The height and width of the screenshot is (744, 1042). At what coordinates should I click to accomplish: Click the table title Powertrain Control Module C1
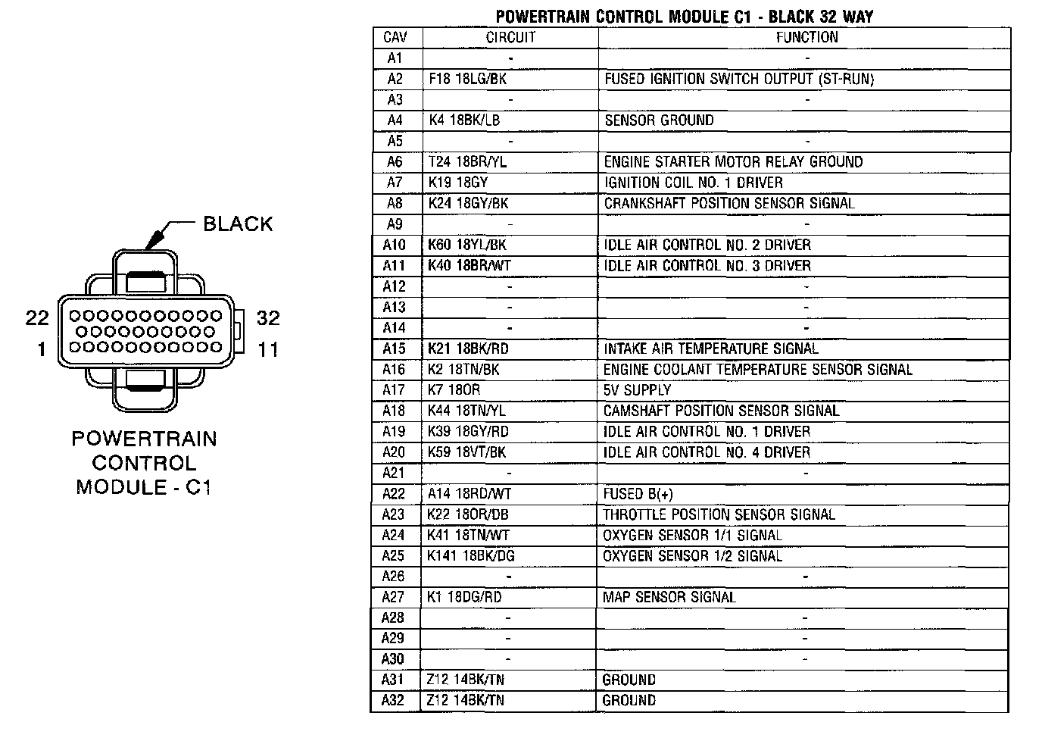point(684,17)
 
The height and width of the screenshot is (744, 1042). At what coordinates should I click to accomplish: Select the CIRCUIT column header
point(510,37)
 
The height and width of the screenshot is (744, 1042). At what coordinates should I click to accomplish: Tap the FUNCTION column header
point(806,37)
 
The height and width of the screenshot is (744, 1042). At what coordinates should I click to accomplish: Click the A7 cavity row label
point(395,183)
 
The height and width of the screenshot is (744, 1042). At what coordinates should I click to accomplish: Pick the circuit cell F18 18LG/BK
point(467,79)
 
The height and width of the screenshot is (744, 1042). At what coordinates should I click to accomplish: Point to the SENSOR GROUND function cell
point(659,120)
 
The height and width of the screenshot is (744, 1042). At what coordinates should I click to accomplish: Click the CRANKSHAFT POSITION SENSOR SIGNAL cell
point(728,204)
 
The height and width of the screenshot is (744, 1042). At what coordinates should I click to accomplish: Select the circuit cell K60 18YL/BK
point(467,245)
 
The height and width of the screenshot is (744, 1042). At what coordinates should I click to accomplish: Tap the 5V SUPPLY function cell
point(637,390)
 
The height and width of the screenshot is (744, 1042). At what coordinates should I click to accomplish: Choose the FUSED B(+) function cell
point(638,494)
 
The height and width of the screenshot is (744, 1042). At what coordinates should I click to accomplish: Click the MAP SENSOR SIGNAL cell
point(669,597)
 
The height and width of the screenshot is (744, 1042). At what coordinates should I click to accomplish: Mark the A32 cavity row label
point(393,700)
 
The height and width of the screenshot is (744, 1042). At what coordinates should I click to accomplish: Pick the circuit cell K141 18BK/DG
point(470,556)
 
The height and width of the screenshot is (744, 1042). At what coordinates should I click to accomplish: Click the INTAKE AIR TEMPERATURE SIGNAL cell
point(710,349)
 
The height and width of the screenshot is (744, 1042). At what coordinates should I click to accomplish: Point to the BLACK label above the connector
point(238,224)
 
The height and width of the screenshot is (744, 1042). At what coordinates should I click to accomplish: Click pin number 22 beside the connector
point(37,318)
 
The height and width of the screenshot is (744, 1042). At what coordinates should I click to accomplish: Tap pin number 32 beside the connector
point(268,318)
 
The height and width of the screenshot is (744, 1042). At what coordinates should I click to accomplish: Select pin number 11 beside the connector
point(268,349)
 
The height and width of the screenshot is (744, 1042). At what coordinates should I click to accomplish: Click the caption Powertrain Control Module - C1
point(144,463)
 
